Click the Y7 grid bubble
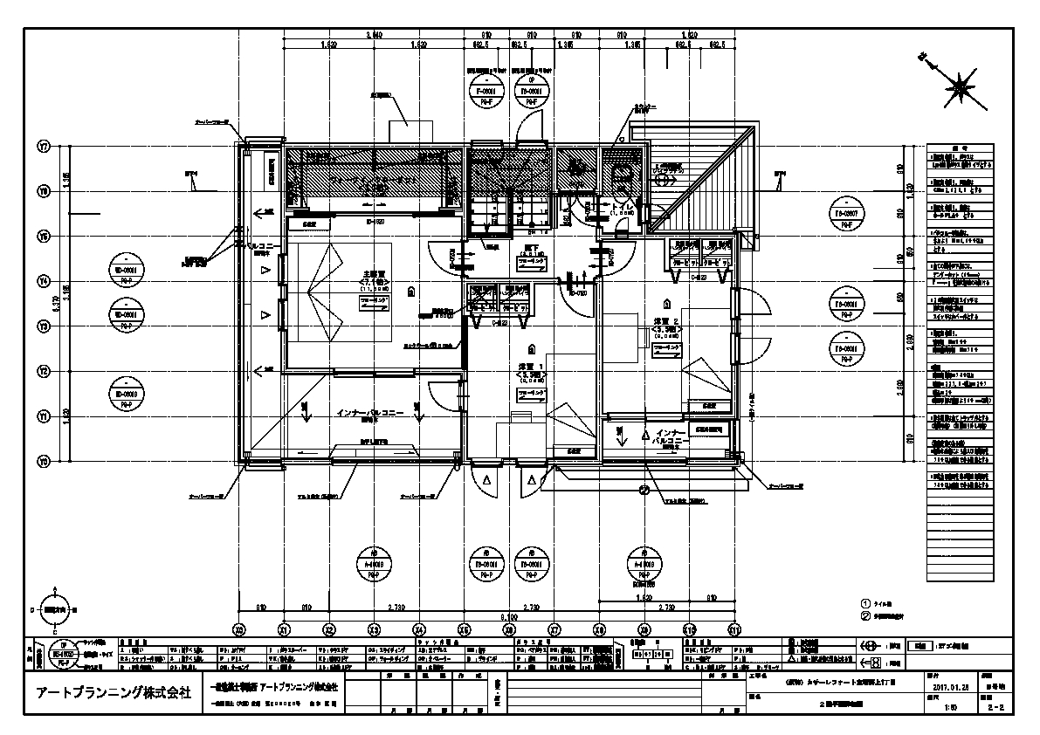point(42,146)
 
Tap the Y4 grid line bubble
point(42,280)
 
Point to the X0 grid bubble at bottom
point(239,629)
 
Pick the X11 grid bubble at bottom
point(735,629)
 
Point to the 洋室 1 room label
point(531,367)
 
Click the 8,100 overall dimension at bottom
point(509,615)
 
